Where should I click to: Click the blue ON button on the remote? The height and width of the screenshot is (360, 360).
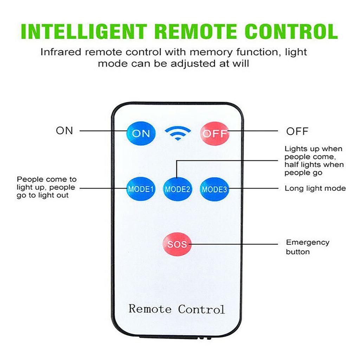point(141,133)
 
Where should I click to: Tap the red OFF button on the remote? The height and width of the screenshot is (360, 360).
point(214,134)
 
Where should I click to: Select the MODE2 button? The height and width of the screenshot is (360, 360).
point(178,189)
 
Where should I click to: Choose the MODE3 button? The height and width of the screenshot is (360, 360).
point(214,189)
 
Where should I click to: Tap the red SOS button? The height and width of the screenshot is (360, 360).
point(177,244)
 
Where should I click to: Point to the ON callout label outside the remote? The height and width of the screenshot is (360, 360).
point(64,131)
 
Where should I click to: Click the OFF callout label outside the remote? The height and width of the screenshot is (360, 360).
point(297,131)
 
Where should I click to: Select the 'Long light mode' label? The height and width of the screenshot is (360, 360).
point(315,188)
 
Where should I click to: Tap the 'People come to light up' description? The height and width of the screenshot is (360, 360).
point(46,187)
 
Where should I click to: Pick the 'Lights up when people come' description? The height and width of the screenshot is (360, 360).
point(314,161)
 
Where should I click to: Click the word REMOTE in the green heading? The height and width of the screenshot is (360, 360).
point(196,32)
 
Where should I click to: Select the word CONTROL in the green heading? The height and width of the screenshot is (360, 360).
point(291,32)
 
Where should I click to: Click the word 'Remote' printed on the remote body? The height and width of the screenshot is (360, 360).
point(150,309)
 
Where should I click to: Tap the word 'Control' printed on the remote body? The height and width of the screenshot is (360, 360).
point(201,309)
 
